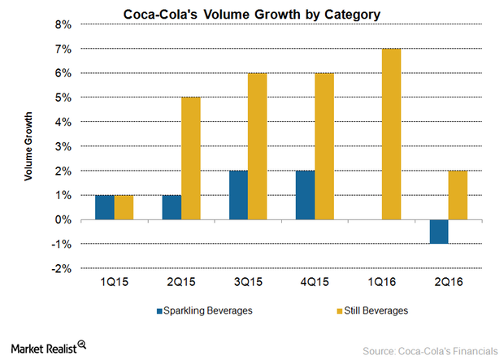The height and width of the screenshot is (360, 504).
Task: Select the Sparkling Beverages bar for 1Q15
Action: (104, 208)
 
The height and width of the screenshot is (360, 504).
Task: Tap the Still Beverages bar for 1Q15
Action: (123, 208)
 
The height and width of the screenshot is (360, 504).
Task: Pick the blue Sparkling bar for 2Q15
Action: (172, 208)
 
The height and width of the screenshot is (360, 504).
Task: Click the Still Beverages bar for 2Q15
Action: (190, 159)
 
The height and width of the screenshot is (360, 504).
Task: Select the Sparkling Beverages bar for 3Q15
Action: (238, 196)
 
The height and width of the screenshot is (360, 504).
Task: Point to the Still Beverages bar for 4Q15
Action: (324, 147)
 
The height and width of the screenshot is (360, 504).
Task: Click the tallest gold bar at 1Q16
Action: (391, 135)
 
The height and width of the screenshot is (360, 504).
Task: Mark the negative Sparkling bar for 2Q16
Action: (439, 232)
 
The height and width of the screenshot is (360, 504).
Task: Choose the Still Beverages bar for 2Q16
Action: (458, 196)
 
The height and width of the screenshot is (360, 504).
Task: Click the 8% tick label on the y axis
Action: (62, 25)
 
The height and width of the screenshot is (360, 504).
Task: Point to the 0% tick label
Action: (62, 220)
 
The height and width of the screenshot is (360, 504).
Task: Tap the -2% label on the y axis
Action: (60, 269)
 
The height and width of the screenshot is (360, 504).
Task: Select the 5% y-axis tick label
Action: (62, 98)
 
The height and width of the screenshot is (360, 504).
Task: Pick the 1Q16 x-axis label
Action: (381, 282)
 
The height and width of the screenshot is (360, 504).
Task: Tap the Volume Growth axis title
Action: (28, 147)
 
